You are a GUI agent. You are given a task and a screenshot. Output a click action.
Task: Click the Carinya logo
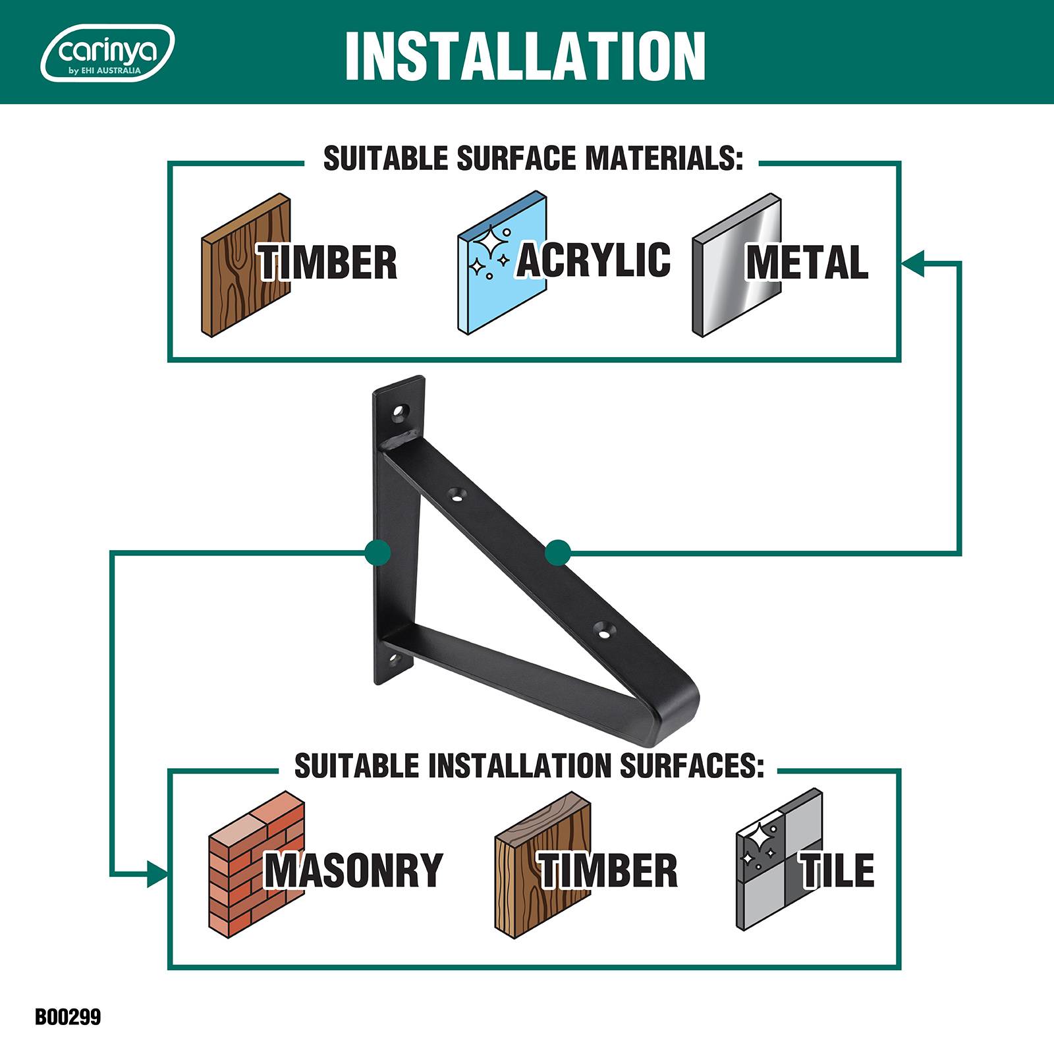[107, 53]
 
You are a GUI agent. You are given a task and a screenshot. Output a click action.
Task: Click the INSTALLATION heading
[525, 56]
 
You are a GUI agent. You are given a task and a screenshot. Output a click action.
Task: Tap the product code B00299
[68, 1017]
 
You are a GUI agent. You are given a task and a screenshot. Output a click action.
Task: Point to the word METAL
[807, 262]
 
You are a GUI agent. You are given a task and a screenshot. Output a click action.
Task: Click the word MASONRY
[354, 870]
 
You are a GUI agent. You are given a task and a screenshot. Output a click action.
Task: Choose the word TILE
[837, 870]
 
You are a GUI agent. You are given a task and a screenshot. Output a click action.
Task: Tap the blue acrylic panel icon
[502, 263]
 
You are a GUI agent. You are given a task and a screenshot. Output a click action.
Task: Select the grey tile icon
[779, 860]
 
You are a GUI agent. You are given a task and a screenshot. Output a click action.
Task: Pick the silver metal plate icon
[736, 265]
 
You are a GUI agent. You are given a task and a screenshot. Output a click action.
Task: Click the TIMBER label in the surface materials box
[327, 262]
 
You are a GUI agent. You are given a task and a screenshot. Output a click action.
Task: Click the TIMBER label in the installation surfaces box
[608, 870]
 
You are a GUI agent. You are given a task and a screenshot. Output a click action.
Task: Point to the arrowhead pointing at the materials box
[912, 263]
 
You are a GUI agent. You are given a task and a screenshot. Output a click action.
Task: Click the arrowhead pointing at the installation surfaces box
[157, 874]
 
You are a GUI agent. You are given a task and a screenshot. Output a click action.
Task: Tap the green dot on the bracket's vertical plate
[377, 552]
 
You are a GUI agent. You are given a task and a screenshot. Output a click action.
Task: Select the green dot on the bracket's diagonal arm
[558, 552]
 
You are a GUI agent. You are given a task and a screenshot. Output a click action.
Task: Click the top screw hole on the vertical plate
[399, 414]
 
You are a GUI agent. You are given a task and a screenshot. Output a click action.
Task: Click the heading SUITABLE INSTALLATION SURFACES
[529, 765]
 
